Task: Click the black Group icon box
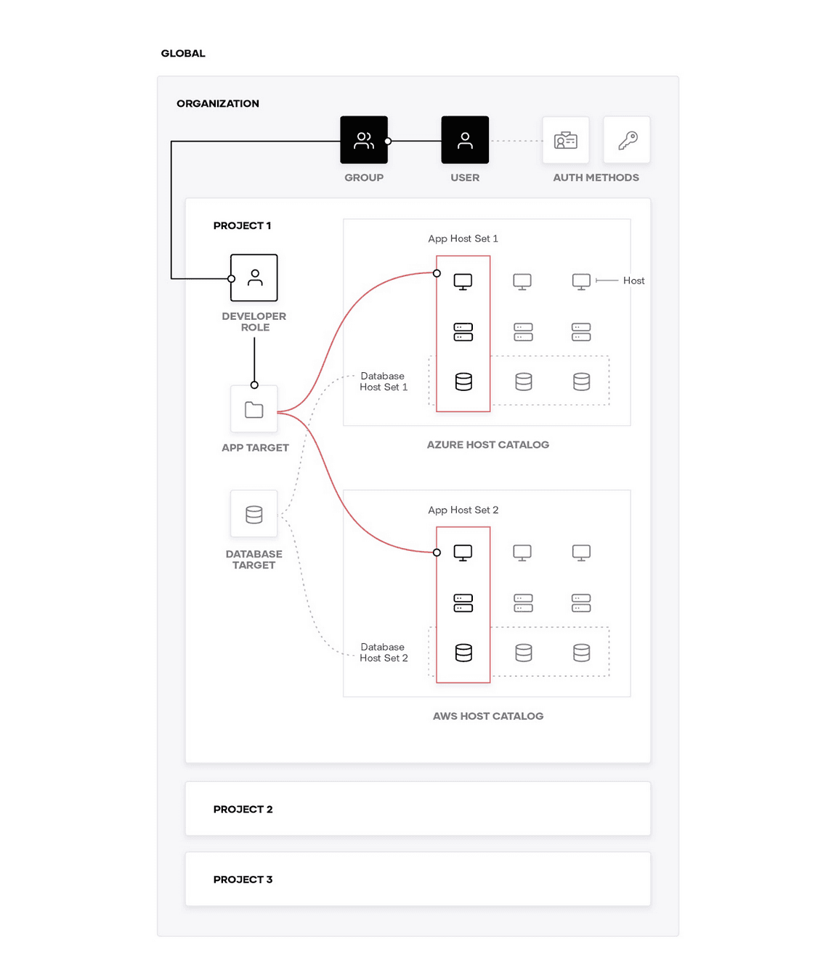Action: pos(363,140)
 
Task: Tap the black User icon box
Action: pos(464,140)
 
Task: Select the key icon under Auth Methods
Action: pos(626,140)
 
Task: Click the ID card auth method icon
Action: pos(565,140)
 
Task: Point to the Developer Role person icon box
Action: pos(254,277)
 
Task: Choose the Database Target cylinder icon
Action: pos(254,513)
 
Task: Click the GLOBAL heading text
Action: pos(182,53)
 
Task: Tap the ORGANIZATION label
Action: pos(217,103)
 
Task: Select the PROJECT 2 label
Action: pos(243,808)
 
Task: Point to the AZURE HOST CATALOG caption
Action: pos(487,444)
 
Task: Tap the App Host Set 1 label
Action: pos(462,238)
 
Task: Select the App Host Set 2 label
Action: pos(462,510)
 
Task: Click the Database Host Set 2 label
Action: pos(384,652)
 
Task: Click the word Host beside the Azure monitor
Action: pos(633,281)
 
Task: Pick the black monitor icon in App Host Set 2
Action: pos(462,552)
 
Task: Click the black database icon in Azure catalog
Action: pos(463,381)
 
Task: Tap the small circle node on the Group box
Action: pos(387,141)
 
